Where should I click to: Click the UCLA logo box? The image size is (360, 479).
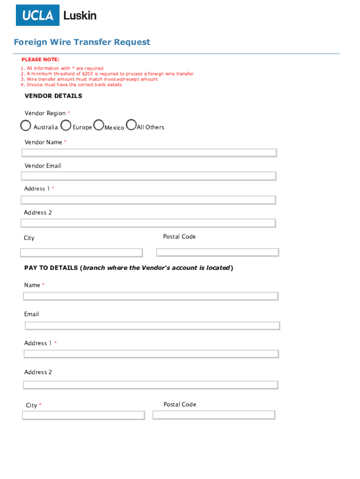pyautogui.click(x=38, y=15)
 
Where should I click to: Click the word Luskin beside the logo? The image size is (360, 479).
pyautogui.click(x=80, y=15)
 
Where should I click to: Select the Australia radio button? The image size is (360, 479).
pyautogui.click(x=26, y=126)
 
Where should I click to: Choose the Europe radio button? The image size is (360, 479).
pyautogui.click(x=66, y=125)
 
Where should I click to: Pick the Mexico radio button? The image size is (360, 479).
pyautogui.click(x=99, y=125)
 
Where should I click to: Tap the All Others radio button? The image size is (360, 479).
pyautogui.click(x=131, y=125)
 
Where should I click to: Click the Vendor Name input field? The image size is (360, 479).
pyautogui.click(x=149, y=153)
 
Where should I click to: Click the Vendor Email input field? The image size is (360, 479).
pyautogui.click(x=149, y=176)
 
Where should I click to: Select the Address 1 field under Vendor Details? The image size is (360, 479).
pyautogui.click(x=148, y=200)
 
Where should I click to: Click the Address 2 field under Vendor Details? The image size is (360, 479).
pyautogui.click(x=148, y=223)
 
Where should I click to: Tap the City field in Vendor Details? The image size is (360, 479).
pyautogui.click(x=81, y=253)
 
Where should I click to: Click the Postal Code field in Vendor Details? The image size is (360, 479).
pyautogui.click(x=217, y=253)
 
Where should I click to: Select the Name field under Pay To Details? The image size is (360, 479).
pyautogui.click(x=151, y=296)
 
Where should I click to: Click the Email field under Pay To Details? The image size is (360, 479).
pyautogui.click(x=152, y=326)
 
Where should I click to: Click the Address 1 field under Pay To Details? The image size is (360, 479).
pyautogui.click(x=151, y=354)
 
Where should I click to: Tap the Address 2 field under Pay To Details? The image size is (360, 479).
pyautogui.click(x=151, y=385)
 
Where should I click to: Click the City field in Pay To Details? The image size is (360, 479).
pyautogui.click(x=84, y=415)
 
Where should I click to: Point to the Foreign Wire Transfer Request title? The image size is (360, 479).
pyautogui.click(x=82, y=42)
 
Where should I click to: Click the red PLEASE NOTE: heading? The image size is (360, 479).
pyautogui.click(x=40, y=60)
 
